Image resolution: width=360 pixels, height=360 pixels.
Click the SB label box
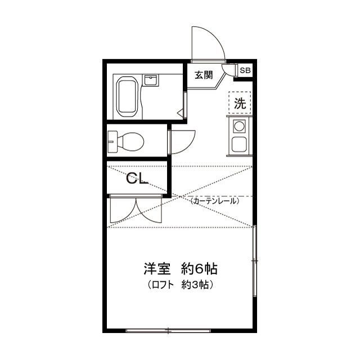coord(245,70)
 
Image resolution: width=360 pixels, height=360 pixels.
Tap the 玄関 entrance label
coord(203,74)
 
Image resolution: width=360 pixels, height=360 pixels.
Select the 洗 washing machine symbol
coord(240,103)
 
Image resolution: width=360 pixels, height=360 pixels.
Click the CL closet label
coord(136,179)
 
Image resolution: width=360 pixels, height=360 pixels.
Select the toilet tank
coord(113,141)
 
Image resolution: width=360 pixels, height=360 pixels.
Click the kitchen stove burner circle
coord(239,125)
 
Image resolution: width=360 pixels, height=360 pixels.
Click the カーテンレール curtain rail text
coord(214,201)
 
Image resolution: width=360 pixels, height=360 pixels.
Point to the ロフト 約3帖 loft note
coord(179,285)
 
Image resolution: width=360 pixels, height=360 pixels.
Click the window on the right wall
coord(255,262)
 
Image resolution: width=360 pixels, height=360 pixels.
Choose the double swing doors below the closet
coord(135,211)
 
